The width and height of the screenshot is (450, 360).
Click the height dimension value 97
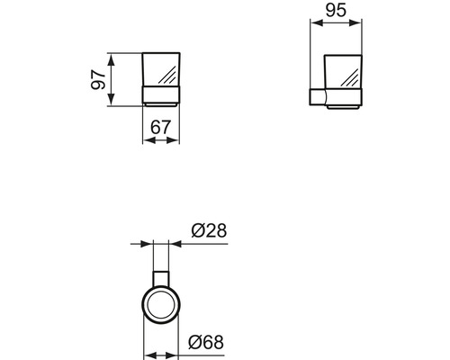coord(96,80)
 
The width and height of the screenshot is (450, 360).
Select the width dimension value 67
coord(161,127)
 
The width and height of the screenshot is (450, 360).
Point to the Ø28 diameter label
coord(209,232)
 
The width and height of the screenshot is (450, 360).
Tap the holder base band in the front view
coord(161,97)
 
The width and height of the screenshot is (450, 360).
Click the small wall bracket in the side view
coord(316,97)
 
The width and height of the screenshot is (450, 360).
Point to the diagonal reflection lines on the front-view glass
coord(166,67)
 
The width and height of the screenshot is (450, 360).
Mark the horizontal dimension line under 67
coord(161,139)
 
